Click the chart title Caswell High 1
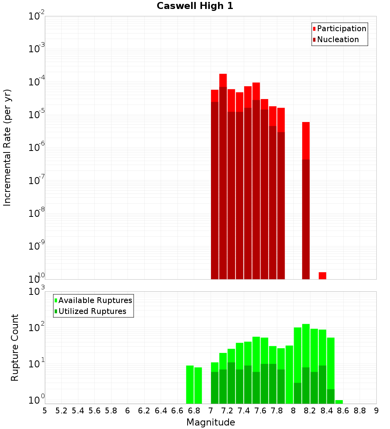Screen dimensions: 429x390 tap(195, 6)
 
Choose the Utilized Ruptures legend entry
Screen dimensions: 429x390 tap(92, 311)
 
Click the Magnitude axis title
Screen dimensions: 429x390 tap(211, 422)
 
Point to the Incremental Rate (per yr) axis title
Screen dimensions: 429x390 tap(7, 147)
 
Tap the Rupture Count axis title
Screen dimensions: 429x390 tap(15, 347)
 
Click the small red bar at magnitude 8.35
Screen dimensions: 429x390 tap(322, 276)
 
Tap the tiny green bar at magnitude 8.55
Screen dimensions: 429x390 tap(339, 402)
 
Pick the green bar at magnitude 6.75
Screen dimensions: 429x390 tap(190, 384)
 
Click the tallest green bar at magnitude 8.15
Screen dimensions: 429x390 tap(306, 363)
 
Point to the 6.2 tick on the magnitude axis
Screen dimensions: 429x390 tap(144, 411)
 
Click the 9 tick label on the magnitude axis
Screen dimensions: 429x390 tap(376, 411)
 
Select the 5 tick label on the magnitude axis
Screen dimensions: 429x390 tap(45, 411)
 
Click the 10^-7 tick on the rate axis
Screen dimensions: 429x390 tap(36, 181)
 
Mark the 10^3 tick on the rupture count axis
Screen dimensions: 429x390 tap(36, 291)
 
